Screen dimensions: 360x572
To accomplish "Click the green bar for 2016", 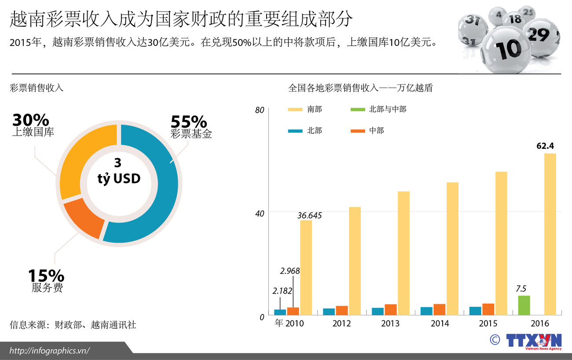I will tap(524, 305).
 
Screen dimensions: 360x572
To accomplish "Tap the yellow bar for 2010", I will tap(306, 268).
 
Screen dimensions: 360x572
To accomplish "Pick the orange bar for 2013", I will tap(390, 309).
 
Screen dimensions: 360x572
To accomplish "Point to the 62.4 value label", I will tap(545, 146).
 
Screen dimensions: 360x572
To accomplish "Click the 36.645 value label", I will tap(310, 215).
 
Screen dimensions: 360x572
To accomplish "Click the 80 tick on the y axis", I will tap(260, 110).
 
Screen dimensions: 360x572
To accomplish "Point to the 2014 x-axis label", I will tap(440, 323).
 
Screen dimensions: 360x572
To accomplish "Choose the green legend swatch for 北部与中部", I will tap(358, 109).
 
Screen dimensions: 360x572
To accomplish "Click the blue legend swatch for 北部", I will tap(296, 131).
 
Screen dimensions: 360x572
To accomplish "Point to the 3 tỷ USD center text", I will tap(118, 171).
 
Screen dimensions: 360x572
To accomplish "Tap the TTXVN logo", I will tap(533, 341).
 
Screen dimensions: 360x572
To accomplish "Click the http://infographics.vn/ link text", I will tap(50, 350).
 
